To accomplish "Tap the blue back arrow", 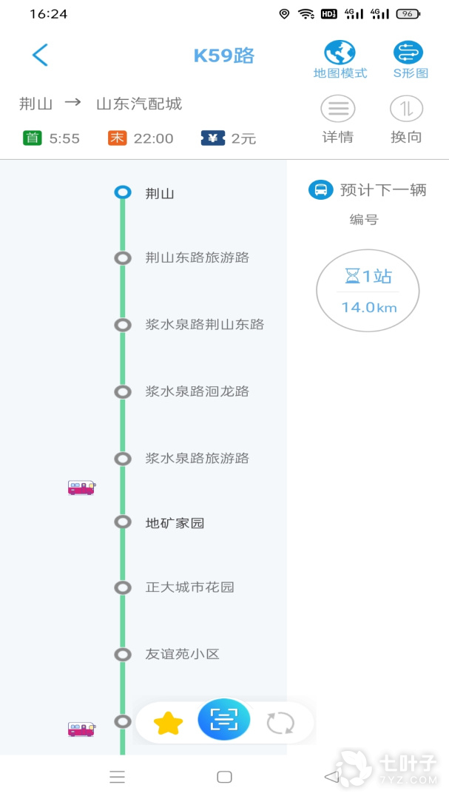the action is tap(40, 55).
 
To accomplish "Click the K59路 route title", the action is tap(223, 56).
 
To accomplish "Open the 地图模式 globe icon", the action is tap(340, 53).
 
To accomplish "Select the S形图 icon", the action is tap(408, 53).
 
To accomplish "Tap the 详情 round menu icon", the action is tap(338, 109).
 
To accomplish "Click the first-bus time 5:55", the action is tap(65, 138).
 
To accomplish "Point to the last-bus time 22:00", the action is tap(153, 138).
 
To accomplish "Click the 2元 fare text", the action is tap(243, 138).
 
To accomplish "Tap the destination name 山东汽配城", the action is tap(139, 104).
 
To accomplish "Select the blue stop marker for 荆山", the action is tap(123, 192).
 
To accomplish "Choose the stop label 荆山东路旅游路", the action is tap(198, 258).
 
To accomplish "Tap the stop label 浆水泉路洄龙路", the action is tap(198, 392).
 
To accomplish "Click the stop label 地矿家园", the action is tap(175, 523).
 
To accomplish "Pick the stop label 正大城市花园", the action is tap(189, 587).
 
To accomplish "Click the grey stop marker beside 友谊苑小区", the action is tap(123, 654).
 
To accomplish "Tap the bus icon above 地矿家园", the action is tap(81, 488).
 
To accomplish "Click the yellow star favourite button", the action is tap(168, 723).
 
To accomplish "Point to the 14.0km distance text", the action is tap(369, 307).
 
